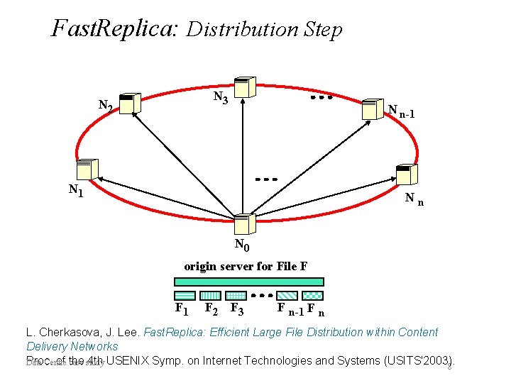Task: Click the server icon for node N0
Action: (x=243, y=226)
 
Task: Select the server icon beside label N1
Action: (x=87, y=169)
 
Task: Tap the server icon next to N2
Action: (x=129, y=104)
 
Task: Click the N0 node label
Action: (x=242, y=246)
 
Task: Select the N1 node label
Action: (x=75, y=190)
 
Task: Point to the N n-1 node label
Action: (x=401, y=111)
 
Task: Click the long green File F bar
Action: (x=249, y=281)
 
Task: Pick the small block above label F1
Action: (x=185, y=295)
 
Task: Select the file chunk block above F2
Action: (x=210, y=295)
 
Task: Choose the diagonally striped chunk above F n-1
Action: (x=287, y=295)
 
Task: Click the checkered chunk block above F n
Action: (x=313, y=295)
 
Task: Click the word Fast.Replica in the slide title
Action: (x=117, y=28)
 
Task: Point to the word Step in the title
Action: (x=322, y=30)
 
